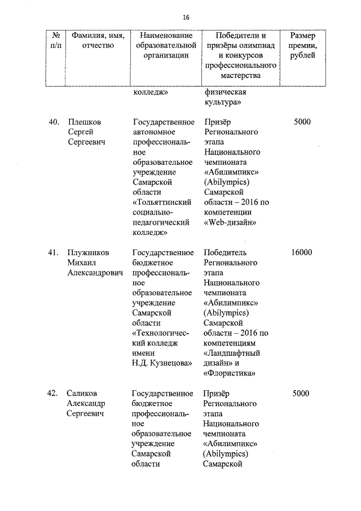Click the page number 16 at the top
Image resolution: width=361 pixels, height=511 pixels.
coord(186,17)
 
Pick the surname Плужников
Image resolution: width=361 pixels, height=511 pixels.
coord(89,252)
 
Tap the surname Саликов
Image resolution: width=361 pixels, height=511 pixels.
coord(83,394)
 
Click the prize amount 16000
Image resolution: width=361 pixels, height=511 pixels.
coord(302,252)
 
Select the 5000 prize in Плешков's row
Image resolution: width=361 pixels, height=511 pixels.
coord(302,121)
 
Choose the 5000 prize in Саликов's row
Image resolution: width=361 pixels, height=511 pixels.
coord(302,394)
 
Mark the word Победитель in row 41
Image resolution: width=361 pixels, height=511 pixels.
coord(224,252)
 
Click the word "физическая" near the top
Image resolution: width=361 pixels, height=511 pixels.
coord(224,92)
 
